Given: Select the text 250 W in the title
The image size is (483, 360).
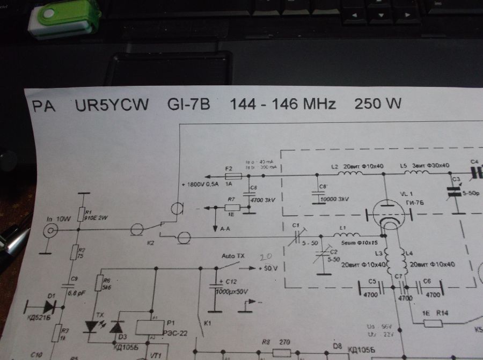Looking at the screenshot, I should coord(378,104).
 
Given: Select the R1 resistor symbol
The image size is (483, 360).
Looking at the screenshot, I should coord(81,215).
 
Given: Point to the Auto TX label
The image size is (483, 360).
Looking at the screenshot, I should coord(233,256).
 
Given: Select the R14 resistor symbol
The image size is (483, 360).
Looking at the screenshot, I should coord(432,322).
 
